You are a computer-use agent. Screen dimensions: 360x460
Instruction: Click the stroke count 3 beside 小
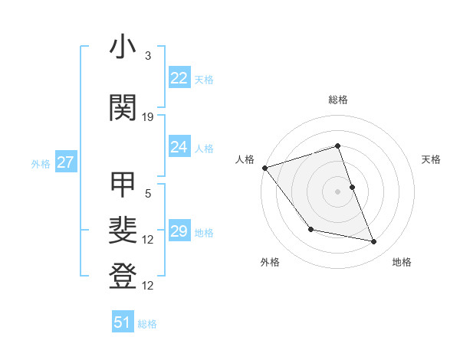[x=148, y=56]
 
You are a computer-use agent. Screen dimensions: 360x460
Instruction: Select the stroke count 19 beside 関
[x=148, y=116]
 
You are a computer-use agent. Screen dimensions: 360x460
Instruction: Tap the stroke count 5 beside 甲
[x=148, y=193]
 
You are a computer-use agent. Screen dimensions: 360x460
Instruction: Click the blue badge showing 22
[x=179, y=78]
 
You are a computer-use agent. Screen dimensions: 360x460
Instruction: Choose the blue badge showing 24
[x=179, y=147]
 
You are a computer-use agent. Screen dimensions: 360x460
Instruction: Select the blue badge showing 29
[x=179, y=231]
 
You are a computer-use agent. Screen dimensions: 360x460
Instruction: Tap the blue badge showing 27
[x=65, y=162]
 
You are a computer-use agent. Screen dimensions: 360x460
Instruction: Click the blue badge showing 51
[x=123, y=322]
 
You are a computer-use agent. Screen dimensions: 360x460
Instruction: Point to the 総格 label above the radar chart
[x=337, y=100]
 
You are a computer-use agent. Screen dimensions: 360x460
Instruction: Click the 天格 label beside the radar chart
[x=432, y=159]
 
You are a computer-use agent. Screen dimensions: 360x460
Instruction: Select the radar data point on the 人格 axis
[x=264, y=168]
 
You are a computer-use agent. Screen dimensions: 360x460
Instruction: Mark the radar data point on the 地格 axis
[x=374, y=242]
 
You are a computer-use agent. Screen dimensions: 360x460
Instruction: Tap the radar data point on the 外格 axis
[x=310, y=229]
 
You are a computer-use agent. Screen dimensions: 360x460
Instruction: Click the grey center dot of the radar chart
[x=337, y=191]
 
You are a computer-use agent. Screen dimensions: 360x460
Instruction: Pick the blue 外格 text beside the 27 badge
[x=41, y=163]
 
